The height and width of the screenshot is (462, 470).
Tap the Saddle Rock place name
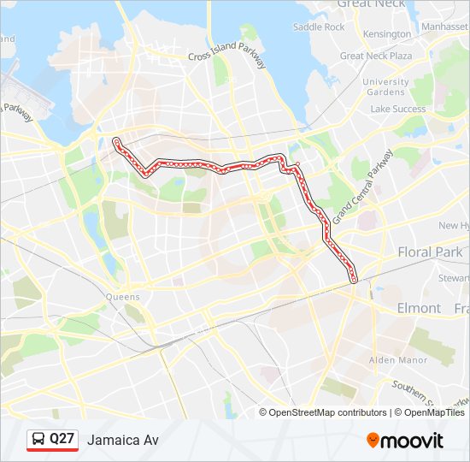point(319,27)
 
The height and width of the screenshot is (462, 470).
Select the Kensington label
point(386,34)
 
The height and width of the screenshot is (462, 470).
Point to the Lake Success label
point(397,110)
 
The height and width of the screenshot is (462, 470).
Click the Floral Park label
point(429,252)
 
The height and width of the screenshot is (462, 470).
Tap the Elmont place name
point(419,308)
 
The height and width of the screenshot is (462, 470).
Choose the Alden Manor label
point(397,361)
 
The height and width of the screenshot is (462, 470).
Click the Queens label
point(123,297)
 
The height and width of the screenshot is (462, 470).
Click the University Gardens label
point(385,87)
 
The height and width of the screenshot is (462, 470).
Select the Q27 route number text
point(62,440)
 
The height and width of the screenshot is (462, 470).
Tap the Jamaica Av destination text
point(122,440)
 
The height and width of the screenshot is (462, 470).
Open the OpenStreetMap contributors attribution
point(328,412)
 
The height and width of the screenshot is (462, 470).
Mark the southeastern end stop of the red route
point(354,278)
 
